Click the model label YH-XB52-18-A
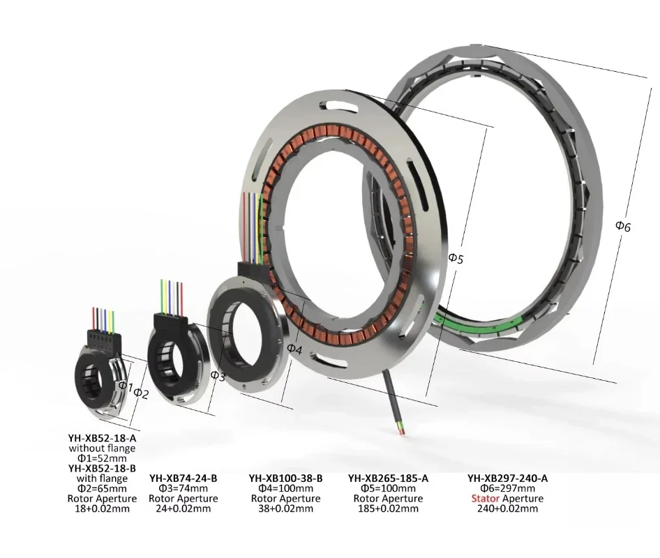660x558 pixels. pyautogui.click(x=103, y=438)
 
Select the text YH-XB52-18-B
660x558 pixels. pyautogui.click(x=103, y=468)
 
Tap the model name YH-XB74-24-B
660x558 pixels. pyautogui.click(x=183, y=478)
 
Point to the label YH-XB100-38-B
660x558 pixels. pyautogui.click(x=286, y=478)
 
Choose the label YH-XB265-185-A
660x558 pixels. pyautogui.click(x=388, y=478)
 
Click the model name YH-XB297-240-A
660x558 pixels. pyautogui.click(x=508, y=478)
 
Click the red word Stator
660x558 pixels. pyautogui.click(x=486, y=499)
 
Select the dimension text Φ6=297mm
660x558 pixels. pyautogui.click(x=508, y=488)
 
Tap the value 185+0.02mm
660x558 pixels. pyautogui.click(x=388, y=508)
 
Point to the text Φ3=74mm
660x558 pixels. pyautogui.click(x=183, y=488)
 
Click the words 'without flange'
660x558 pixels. pyautogui.click(x=103, y=448)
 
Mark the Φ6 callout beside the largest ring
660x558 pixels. pyautogui.click(x=623, y=227)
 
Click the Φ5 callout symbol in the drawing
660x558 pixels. pyautogui.click(x=456, y=258)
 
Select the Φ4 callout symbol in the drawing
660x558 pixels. pyautogui.click(x=294, y=349)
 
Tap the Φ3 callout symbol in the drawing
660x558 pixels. pyautogui.click(x=218, y=376)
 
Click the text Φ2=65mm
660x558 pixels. pyautogui.click(x=103, y=488)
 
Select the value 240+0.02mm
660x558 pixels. pyautogui.click(x=508, y=508)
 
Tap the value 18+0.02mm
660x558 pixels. pyautogui.click(x=103, y=508)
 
